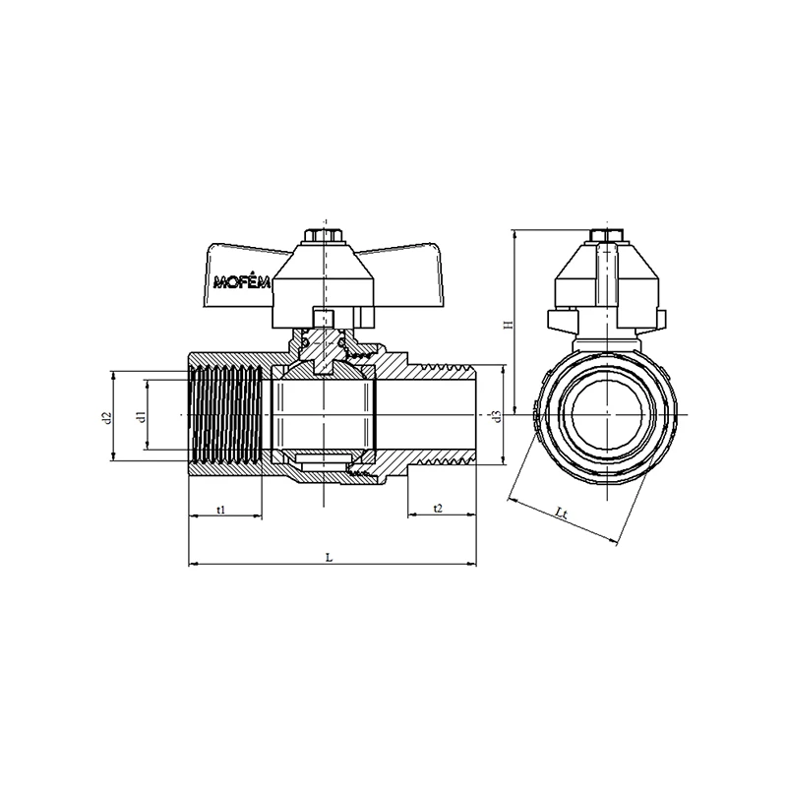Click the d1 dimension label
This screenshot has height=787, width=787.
142,415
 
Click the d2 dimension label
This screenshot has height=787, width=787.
106,417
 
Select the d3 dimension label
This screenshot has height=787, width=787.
497,416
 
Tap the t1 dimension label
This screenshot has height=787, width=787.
220,510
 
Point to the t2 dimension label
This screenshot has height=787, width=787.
438,509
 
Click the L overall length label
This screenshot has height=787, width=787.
330,557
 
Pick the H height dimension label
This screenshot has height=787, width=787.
509,325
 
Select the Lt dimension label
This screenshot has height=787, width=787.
561,513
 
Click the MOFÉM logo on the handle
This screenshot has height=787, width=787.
242,282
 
